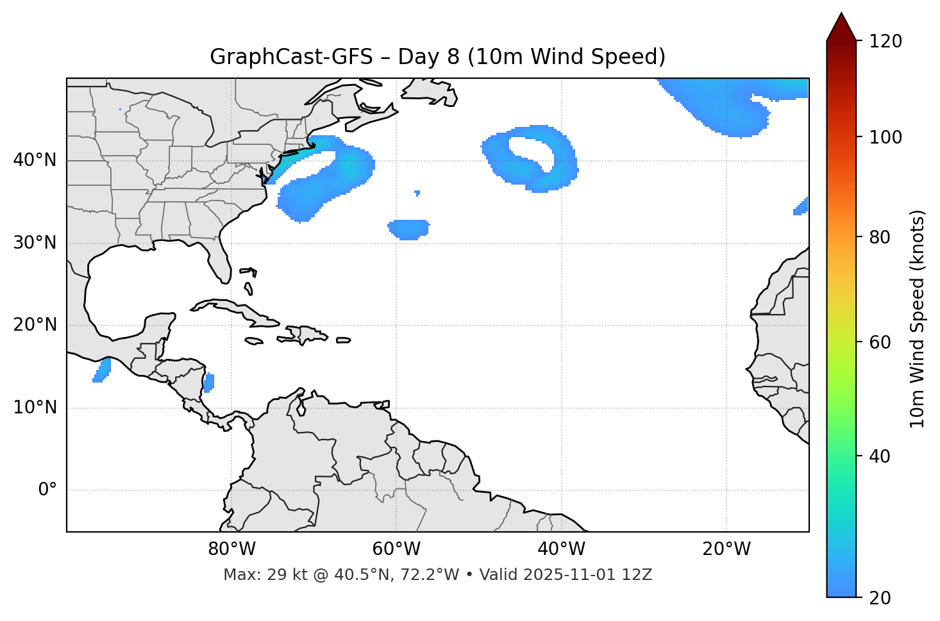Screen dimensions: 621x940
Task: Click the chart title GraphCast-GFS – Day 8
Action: point(437,57)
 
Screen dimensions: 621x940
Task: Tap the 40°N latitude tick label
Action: point(35,160)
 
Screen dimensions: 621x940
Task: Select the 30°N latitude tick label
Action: point(35,243)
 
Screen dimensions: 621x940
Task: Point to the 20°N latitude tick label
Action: point(35,325)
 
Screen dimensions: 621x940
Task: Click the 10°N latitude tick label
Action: point(35,408)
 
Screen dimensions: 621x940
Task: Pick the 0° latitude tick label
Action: point(47,490)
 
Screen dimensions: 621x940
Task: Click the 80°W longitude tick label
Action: point(231,549)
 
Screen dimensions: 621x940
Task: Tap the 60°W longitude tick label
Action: point(396,549)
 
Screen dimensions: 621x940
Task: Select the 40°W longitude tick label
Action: point(561,549)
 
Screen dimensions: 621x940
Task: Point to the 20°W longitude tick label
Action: point(726,549)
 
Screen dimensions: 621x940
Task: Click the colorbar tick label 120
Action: point(885,42)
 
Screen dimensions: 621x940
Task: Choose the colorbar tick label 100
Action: point(885,137)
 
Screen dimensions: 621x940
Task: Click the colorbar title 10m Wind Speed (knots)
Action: point(918,319)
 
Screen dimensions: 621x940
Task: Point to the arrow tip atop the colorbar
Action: point(841,13)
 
